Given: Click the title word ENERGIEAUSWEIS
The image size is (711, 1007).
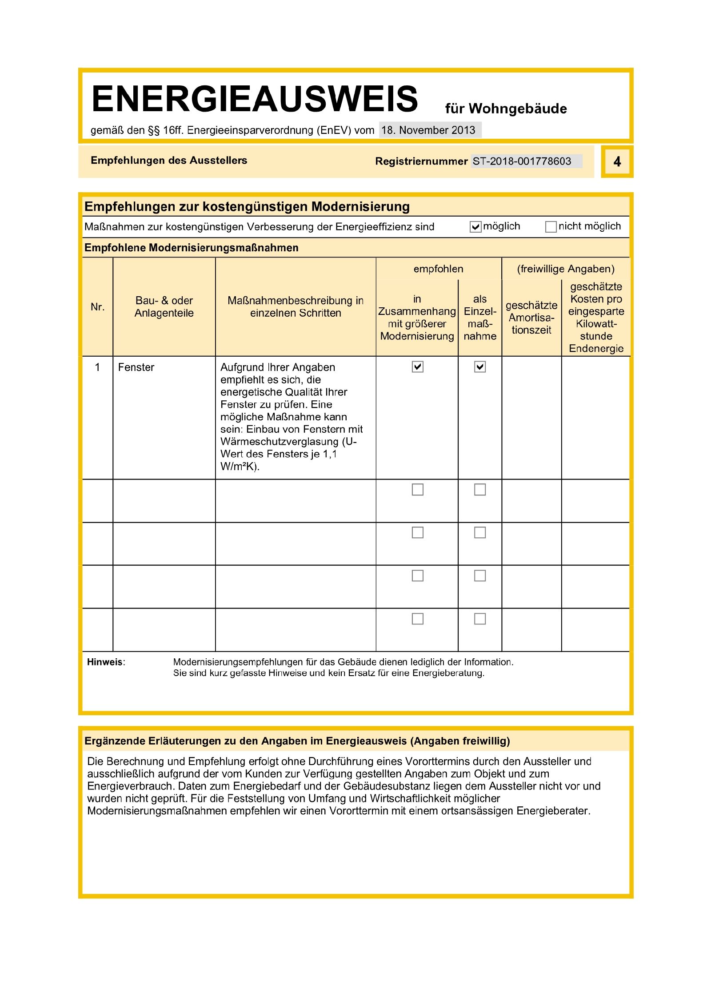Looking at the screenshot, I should click(x=255, y=99).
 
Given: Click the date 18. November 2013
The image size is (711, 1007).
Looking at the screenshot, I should click(x=428, y=130).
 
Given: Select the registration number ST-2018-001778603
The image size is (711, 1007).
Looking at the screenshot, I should click(x=522, y=161).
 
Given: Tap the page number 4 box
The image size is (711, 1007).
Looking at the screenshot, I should click(x=617, y=161).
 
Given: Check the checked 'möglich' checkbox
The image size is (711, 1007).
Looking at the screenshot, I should click(x=475, y=227).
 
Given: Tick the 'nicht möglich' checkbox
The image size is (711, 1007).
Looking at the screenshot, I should click(x=551, y=227).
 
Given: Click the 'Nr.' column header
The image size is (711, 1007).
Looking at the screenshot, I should click(x=97, y=307).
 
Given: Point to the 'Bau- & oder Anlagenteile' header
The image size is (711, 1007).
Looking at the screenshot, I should click(x=164, y=307).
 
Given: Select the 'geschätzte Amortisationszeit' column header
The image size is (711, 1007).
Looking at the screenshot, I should click(x=531, y=318).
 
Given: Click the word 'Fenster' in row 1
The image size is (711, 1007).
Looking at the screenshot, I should click(x=136, y=367).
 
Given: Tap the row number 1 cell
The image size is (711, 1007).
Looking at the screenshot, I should click(x=97, y=367).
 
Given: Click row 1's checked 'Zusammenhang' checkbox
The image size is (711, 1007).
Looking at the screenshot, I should click(x=417, y=367).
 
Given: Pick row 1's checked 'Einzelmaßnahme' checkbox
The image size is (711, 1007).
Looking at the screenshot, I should click(x=480, y=367).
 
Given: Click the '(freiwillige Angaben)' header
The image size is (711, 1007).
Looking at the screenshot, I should click(x=566, y=269).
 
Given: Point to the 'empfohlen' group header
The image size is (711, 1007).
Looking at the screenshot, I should click(x=438, y=269).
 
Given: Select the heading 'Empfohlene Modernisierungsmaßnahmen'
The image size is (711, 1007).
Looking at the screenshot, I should click(x=191, y=248).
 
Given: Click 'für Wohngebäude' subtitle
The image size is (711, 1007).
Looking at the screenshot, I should click(x=506, y=109).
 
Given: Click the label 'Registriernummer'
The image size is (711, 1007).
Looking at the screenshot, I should click(x=421, y=161).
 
